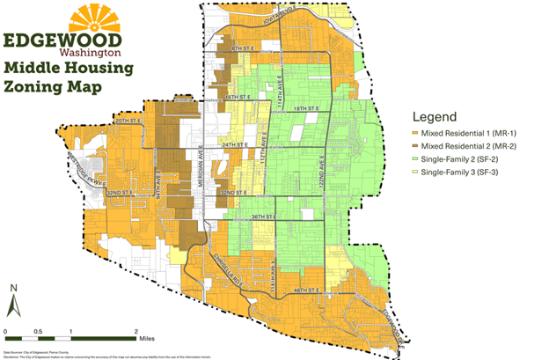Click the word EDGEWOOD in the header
pos(69,41)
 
